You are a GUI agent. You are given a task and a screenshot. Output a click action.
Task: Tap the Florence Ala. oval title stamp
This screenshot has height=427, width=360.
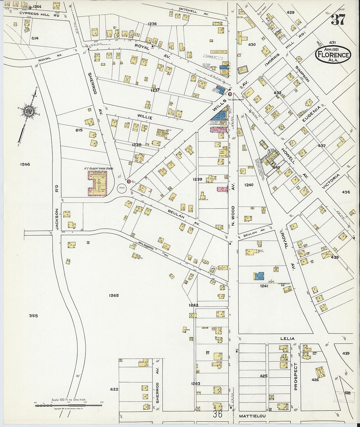[x=333, y=54]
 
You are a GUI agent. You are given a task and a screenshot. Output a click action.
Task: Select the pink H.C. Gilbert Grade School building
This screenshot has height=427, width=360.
[x=97, y=184]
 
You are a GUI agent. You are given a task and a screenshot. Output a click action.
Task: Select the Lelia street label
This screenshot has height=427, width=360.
[x=287, y=339]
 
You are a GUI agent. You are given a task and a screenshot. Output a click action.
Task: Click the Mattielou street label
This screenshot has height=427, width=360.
[x=252, y=416]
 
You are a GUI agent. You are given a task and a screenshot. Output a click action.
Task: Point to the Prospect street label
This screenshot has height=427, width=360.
[x=296, y=376]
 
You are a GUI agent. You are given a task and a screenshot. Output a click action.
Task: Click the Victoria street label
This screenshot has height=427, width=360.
[x=331, y=181]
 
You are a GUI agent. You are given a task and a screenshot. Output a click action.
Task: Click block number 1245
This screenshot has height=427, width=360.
[x=114, y=295]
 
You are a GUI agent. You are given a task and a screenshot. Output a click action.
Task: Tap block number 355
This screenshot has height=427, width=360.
[x=33, y=316]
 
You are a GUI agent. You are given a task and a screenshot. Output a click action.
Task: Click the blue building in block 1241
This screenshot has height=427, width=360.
[x=259, y=276]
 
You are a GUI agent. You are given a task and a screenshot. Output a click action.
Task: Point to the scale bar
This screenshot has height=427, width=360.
[x=69, y=406]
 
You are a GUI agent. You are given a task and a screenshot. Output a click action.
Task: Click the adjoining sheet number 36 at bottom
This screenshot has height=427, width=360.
[x=217, y=414]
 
